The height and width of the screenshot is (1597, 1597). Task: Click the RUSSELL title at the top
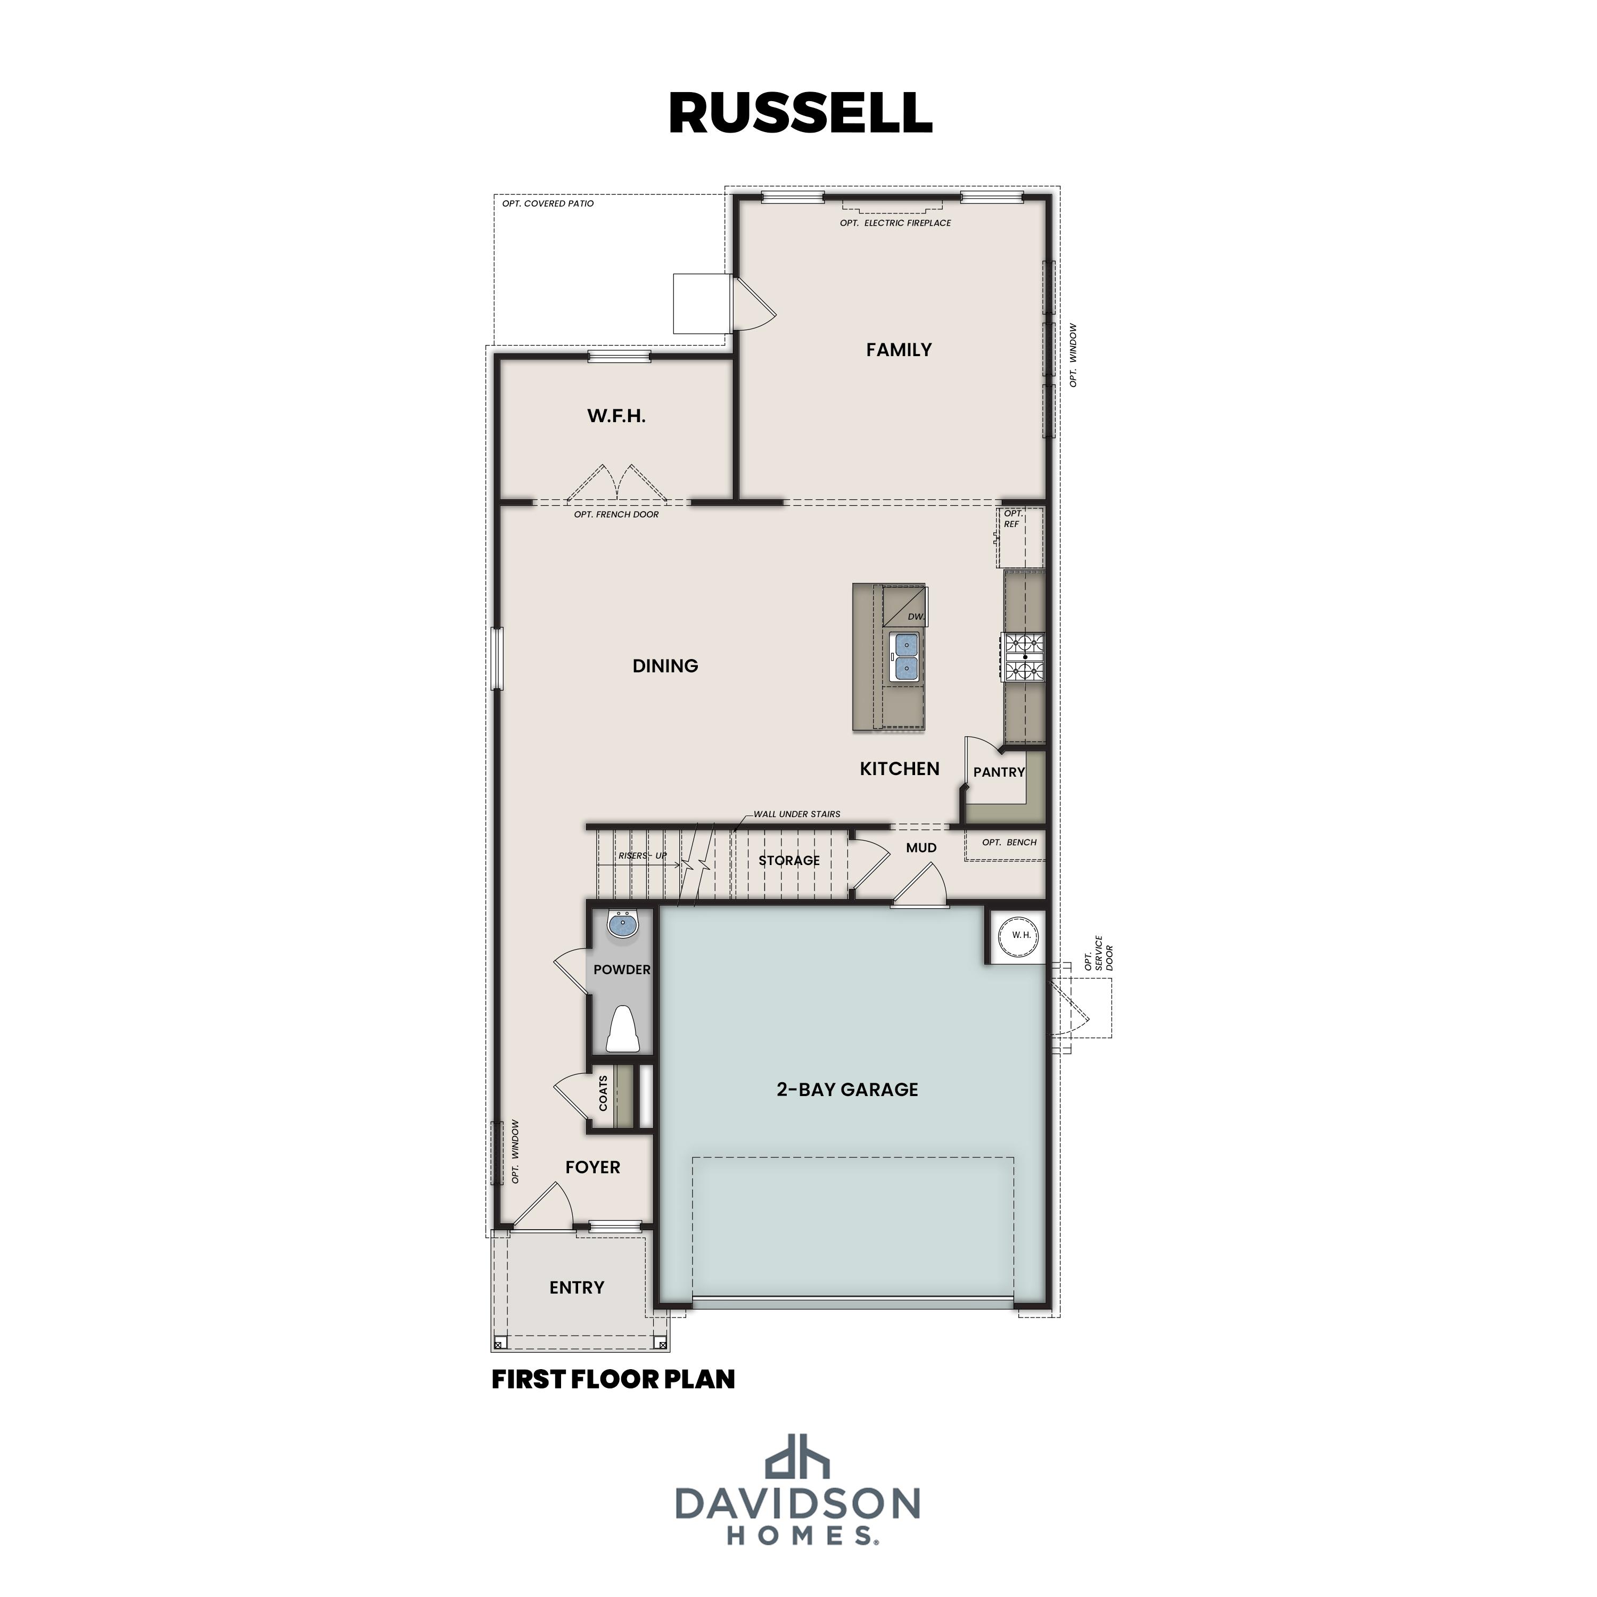coord(800,113)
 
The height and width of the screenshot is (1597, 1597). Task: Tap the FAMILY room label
coord(899,350)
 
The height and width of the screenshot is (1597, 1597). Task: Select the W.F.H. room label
coord(616,416)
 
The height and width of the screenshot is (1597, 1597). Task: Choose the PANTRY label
coord(999,772)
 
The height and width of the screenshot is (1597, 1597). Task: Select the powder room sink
coord(622,924)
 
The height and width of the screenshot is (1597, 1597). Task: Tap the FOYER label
coord(592,1167)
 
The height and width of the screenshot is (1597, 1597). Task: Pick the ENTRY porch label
coord(576,1287)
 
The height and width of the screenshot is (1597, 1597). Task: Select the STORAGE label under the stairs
coord(788,860)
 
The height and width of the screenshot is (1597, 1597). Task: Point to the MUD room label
coord(921,847)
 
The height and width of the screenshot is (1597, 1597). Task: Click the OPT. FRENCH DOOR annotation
coord(616,514)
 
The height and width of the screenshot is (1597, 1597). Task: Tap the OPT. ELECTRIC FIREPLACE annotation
coord(895,223)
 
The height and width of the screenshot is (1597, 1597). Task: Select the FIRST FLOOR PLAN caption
coord(613,1380)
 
